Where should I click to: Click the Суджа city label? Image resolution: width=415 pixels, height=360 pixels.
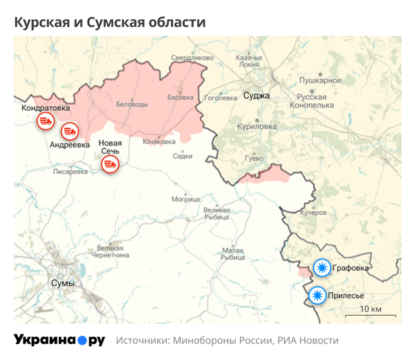[x=257, y=96]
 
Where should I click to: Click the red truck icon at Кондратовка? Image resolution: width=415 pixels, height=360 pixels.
[x=45, y=121]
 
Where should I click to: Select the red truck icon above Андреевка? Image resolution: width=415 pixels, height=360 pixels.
[x=69, y=130]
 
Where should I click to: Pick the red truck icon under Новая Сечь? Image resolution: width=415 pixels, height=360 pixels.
[x=109, y=164]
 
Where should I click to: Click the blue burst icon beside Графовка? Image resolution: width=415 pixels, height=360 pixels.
[x=321, y=267]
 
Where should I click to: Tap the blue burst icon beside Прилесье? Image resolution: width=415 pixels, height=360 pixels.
[x=317, y=296]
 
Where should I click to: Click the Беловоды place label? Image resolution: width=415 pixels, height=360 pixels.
[x=131, y=104]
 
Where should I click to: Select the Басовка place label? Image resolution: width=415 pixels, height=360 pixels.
[x=181, y=98]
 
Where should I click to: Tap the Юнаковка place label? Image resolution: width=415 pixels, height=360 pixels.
[x=159, y=142]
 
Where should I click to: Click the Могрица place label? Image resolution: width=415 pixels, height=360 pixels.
[x=185, y=199]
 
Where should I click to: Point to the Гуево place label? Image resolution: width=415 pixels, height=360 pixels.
[x=254, y=159]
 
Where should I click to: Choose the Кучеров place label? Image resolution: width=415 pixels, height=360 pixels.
[x=313, y=213]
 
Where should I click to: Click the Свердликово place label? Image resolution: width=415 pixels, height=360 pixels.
[x=193, y=58]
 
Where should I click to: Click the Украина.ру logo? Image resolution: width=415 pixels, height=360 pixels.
[x=59, y=340]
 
